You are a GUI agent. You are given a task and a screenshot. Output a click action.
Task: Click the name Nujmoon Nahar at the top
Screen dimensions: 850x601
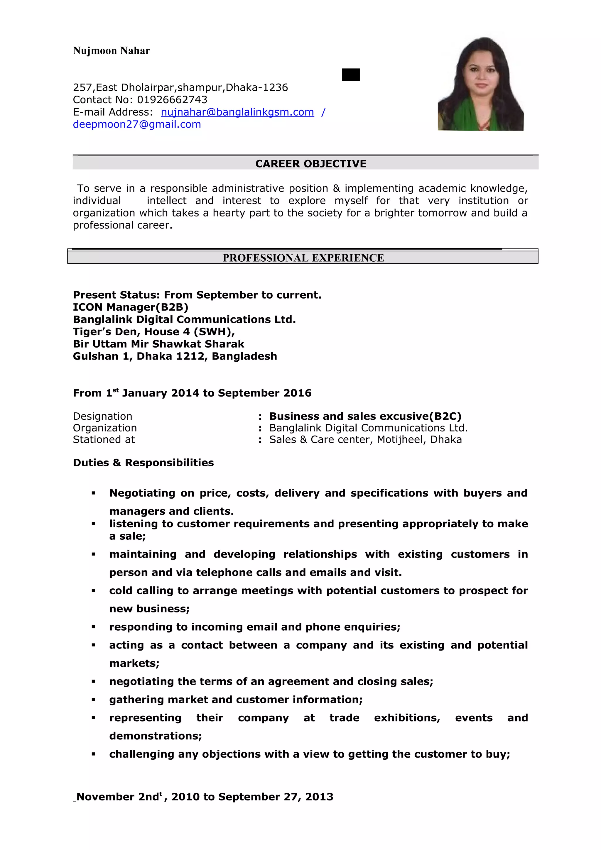[x=111, y=51]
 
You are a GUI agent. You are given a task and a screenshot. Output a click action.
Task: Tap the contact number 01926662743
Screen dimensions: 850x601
[x=172, y=100]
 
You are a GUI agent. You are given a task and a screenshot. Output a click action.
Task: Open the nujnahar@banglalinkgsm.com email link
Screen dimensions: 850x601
[x=237, y=112]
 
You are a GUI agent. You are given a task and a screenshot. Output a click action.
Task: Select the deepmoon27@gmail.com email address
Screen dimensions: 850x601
[x=137, y=124]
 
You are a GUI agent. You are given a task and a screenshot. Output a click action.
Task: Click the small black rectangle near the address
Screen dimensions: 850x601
[x=350, y=74]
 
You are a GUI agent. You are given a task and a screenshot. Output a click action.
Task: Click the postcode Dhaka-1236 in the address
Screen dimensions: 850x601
[x=256, y=87]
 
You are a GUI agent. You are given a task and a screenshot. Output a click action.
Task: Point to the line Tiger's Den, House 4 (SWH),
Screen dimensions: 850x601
[x=154, y=331]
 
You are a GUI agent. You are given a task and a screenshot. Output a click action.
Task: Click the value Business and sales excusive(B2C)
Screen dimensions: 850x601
[x=365, y=416]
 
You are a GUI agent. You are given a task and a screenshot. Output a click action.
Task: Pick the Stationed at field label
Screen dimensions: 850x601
[x=104, y=439]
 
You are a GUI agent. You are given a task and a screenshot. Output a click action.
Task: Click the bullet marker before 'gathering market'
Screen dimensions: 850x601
[x=93, y=700]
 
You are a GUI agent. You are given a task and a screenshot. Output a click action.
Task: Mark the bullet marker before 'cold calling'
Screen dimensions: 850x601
[x=93, y=591]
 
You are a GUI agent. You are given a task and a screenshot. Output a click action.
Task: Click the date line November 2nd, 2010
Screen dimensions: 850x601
[x=205, y=797]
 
